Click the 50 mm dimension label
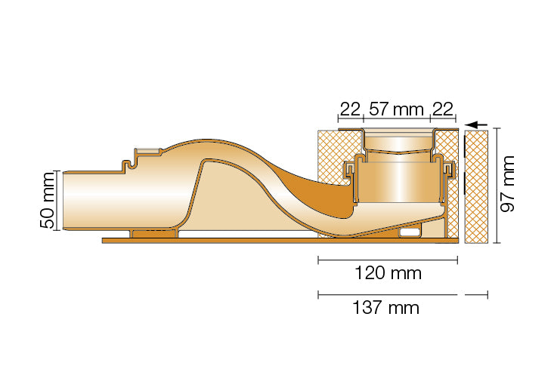click(x=48, y=201)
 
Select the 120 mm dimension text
click(x=388, y=272)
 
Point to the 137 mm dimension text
click(x=386, y=307)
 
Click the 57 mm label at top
click(x=398, y=109)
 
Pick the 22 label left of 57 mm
click(x=349, y=109)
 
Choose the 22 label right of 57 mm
click(x=443, y=109)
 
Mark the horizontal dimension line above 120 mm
click(x=388, y=260)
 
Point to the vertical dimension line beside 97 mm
click(x=495, y=186)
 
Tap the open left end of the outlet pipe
click(x=66, y=200)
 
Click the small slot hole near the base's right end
click(x=410, y=232)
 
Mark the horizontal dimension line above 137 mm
click(x=388, y=294)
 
